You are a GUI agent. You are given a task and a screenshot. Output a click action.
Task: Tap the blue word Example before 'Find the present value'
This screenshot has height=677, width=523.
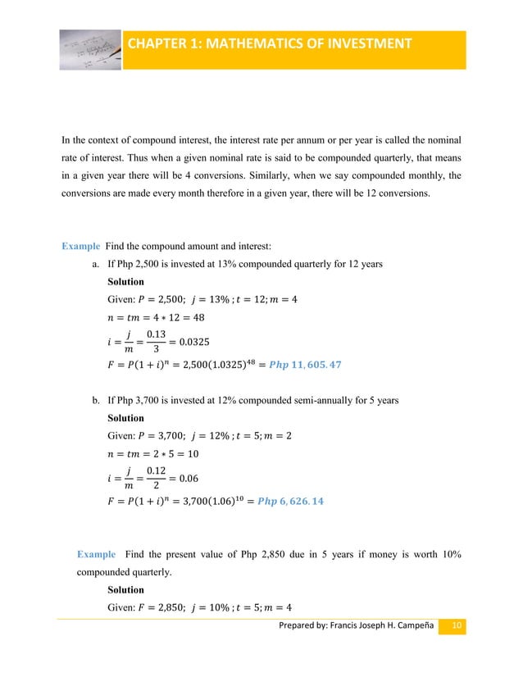(96, 555)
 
